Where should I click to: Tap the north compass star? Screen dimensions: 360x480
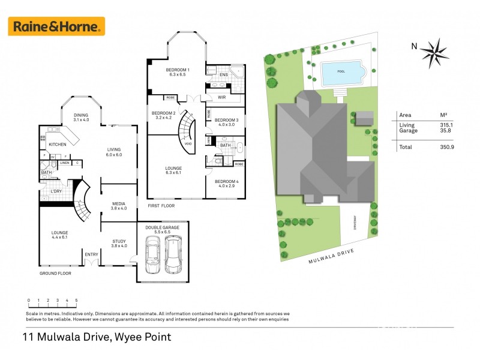(x=435, y=53)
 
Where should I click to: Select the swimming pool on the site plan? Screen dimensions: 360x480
(x=343, y=74)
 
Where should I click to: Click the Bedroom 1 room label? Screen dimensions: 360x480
(x=178, y=73)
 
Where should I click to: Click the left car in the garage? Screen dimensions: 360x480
(x=152, y=256)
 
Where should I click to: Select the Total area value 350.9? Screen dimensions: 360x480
(x=447, y=146)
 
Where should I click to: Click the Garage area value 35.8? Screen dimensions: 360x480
(x=447, y=131)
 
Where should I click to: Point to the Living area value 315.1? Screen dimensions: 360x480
(x=447, y=125)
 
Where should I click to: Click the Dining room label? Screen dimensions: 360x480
(x=81, y=118)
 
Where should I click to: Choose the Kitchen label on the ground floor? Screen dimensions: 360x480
(x=57, y=145)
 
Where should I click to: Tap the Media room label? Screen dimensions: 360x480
(x=119, y=206)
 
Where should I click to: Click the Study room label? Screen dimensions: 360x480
(x=119, y=243)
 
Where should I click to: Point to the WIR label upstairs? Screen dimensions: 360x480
(x=221, y=97)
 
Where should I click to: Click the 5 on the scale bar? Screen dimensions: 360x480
(x=76, y=301)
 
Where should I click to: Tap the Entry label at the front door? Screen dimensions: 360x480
(x=92, y=254)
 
